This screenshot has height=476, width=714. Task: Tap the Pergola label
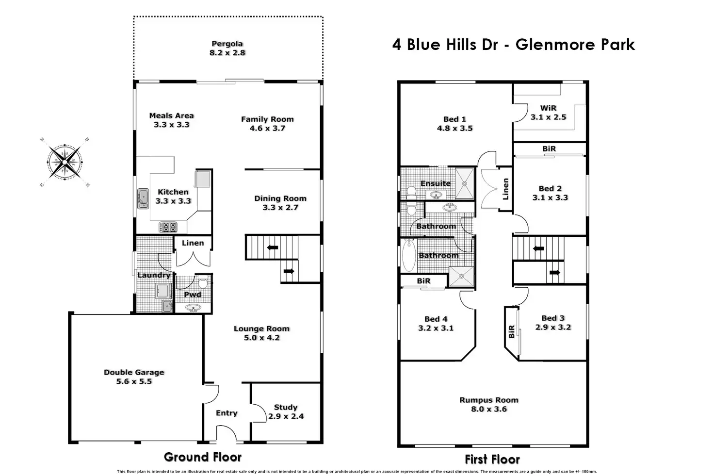(227, 44)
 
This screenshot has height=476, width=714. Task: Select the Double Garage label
(134, 372)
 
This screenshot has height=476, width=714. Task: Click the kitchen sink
(143, 198)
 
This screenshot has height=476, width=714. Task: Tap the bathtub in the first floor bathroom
(408, 255)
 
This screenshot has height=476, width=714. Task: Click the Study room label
(286, 407)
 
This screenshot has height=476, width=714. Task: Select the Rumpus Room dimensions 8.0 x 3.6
(489, 409)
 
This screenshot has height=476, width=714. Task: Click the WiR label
(548, 108)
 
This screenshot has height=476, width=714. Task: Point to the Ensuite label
(435, 183)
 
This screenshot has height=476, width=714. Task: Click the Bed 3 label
(553, 318)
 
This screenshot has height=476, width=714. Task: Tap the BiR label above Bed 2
(549, 148)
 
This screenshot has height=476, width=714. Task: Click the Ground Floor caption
(203, 457)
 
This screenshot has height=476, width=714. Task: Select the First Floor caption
(492, 459)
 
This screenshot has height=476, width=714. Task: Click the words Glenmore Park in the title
(575, 45)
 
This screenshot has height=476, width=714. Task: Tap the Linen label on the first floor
(505, 189)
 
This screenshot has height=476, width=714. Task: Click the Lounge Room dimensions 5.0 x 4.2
(261, 338)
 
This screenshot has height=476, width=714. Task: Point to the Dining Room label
(280, 198)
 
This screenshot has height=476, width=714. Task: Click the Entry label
(227, 413)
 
